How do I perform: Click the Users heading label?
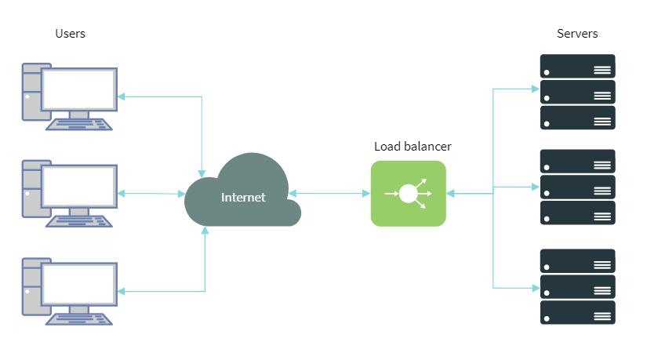tap(70, 34)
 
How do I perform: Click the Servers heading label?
tap(577, 34)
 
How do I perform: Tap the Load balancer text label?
tap(413, 147)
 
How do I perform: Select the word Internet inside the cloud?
tap(243, 198)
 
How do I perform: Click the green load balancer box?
tap(408, 194)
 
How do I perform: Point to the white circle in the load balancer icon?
tap(408, 193)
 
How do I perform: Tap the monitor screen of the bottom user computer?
tap(78, 283)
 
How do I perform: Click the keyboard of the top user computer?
tap(78, 124)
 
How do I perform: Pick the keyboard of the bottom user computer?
tap(78, 318)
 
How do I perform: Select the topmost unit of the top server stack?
tap(577, 66)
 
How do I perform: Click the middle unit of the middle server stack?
tap(577, 187)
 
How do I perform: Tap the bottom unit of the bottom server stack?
tap(577, 312)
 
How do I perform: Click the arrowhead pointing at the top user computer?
tap(122, 96)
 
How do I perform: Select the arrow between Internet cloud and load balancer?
tap(329, 193)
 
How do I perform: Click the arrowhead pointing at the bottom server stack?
tap(536, 287)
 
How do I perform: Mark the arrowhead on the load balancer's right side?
tap(451, 193)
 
